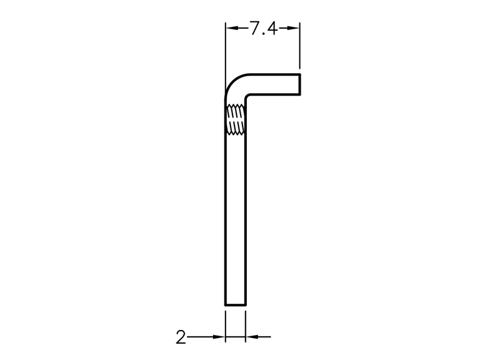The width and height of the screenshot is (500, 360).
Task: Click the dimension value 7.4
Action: (263, 28)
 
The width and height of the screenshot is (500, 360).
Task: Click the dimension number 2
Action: (181, 337)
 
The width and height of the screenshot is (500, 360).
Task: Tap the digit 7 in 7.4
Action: (254, 28)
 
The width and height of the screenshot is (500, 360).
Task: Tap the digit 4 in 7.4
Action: (272, 28)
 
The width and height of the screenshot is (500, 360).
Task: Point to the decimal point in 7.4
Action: (263, 34)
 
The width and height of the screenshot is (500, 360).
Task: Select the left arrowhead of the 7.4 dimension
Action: (231, 28)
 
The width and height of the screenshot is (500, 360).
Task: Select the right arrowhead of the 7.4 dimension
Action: (294, 28)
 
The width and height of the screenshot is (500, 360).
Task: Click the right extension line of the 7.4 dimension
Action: (299, 45)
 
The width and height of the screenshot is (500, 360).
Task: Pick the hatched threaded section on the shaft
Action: (236, 119)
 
